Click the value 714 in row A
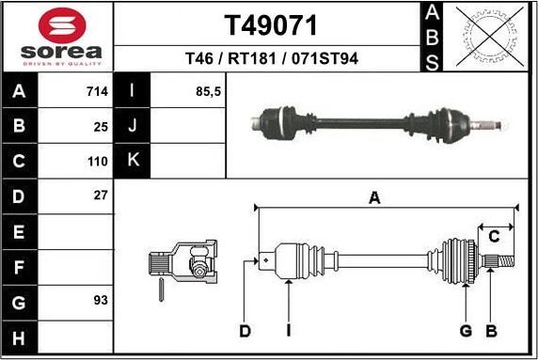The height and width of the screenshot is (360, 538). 97,92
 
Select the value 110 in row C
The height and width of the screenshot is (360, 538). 98,160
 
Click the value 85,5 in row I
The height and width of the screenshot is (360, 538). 207,92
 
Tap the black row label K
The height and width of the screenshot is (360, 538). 133,160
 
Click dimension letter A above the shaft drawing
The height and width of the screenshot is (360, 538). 374,197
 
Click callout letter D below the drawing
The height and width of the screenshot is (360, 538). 245,331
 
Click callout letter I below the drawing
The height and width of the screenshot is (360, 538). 288,331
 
